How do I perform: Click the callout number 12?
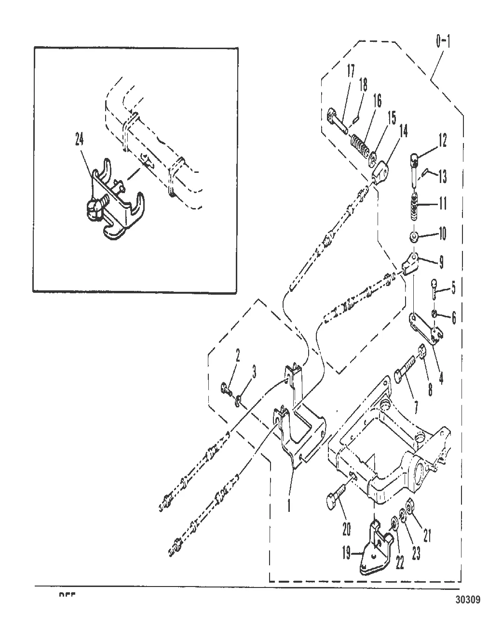pyautogui.click(x=442, y=141)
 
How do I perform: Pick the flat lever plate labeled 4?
pyautogui.click(x=424, y=326)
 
